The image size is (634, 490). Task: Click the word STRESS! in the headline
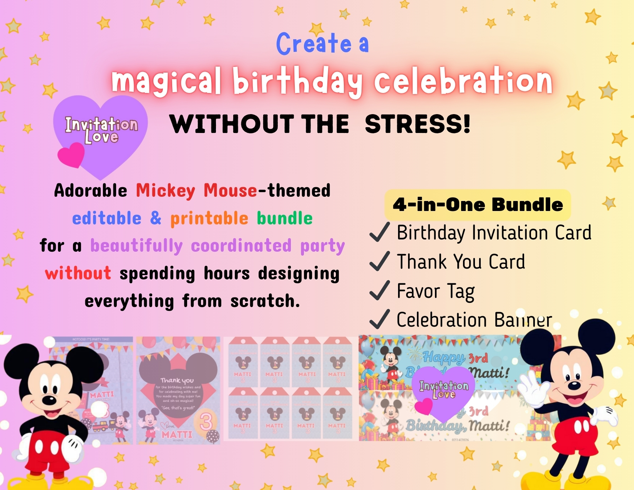click(x=418, y=124)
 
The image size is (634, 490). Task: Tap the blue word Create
click(x=314, y=43)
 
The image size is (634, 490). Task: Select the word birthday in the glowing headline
click(x=297, y=81)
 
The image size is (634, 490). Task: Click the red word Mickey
click(x=166, y=191)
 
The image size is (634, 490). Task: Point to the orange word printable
click(x=209, y=218)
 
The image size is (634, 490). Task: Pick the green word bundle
click(x=284, y=218)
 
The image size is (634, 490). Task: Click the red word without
click(x=78, y=273)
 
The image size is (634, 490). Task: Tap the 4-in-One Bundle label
click(x=478, y=204)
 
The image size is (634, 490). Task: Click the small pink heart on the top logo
click(x=71, y=155)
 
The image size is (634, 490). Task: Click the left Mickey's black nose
click(x=49, y=400)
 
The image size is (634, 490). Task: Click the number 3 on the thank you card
click(x=206, y=422)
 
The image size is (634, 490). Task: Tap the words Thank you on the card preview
click(x=177, y=380)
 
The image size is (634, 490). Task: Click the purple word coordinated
click(x=241, y=246)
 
